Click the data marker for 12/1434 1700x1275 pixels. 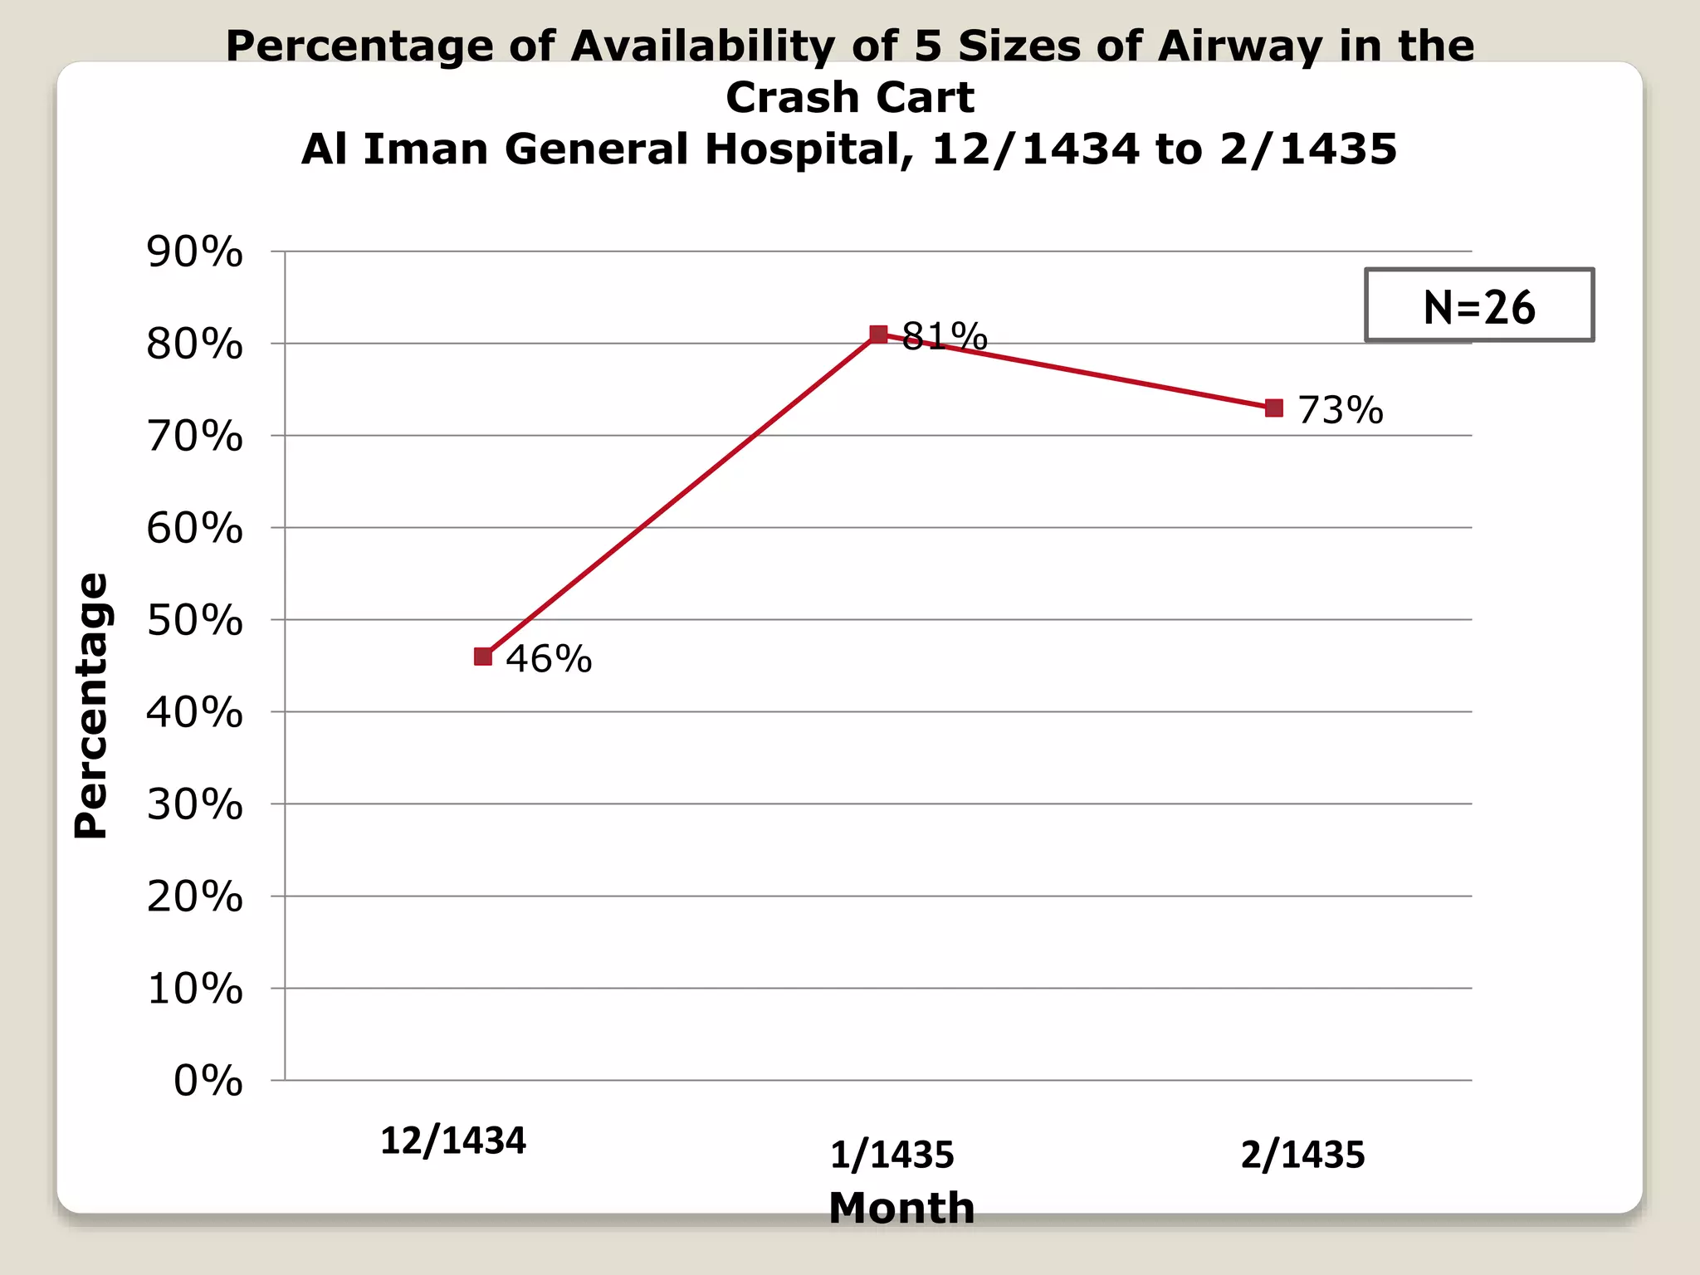pyautogui.click(x=483, y=657)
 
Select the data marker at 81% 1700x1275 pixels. pyautogui.click(x=878, y=335)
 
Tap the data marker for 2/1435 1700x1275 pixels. pyautogui.click(x=1274, y=408)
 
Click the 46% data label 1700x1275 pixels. pyautogui.click(x=549, y=659)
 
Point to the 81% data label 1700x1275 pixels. pyautogui.click(x=945, y=336)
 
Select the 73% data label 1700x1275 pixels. pyautogui.click(x=1341, y=410)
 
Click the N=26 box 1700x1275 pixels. pyautogui.click(x=1479, y=305)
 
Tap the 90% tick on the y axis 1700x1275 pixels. pyautogui.click(x=195, y=252)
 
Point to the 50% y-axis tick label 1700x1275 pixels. pyautogui.click(x=195, y=620)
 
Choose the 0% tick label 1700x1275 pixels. pyautogui.click(x=208, y=1081)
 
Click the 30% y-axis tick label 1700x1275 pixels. pyautogui.click(x=195, y=804)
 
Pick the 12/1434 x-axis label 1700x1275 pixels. pyautogui.click(x=453, y=1141)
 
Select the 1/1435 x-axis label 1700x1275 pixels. pyautogui.click(x=892, y=1155)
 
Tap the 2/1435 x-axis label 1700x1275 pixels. pyautogui.click(x=1302, y=1155)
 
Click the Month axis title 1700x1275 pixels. pyautogui.click(x=901, y=1208)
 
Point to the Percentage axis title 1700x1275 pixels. pyautogui.click(x=91, y=706)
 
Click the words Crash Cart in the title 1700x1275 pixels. pyautogui.click(x=850, y=98)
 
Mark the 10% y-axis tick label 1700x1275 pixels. pyautogui.click(x=195, y=989)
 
